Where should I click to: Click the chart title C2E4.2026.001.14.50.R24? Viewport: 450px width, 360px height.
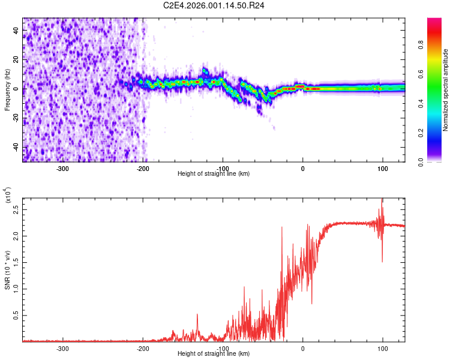[x=214, y=5]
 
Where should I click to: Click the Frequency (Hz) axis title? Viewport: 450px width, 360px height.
[x=7, y=90]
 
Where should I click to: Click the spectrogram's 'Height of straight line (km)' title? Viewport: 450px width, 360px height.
[x=214, y=174]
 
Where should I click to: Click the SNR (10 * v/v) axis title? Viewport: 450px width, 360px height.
[x=7, y=270]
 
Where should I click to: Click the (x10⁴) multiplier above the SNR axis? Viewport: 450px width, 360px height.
[x=8, y=196]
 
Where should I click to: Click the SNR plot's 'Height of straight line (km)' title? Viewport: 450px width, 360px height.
[x=214, y=354]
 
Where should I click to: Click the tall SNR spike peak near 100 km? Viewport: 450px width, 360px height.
[x=382, y=200]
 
